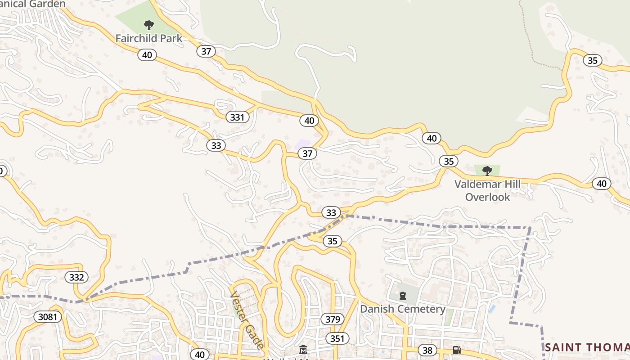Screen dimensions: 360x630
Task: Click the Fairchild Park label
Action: [x=149, y=38]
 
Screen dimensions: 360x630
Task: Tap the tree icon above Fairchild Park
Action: [x=148, y=25]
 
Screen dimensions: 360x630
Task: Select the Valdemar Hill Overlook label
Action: [x=487, y=190]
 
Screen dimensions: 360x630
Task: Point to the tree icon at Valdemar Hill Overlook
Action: [x=487, y=171]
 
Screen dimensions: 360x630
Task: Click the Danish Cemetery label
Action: [x=403, y=309]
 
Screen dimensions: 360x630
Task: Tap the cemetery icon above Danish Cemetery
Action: [x=403, y=296]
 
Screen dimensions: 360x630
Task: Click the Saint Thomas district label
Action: [x=587, y=347]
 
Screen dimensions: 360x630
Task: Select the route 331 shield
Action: [x=237, y=117]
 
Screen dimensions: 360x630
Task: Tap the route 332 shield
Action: [x=76, y=277]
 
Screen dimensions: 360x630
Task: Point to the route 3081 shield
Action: [x=48, y=317]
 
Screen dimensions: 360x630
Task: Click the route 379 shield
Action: [x=333, y=319]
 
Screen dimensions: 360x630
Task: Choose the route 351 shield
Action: [x=337, y=339]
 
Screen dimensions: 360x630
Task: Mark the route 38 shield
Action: [x=427, y=350]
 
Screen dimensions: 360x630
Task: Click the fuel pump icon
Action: [x=456, y=350]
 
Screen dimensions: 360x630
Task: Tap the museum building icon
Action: [x=303, y=350]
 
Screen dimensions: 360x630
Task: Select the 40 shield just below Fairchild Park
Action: [x=147, y=55]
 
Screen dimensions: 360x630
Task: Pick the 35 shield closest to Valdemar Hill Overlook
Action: [x=448, y=161]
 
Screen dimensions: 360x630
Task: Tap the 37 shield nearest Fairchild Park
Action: [x=206, y=51]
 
